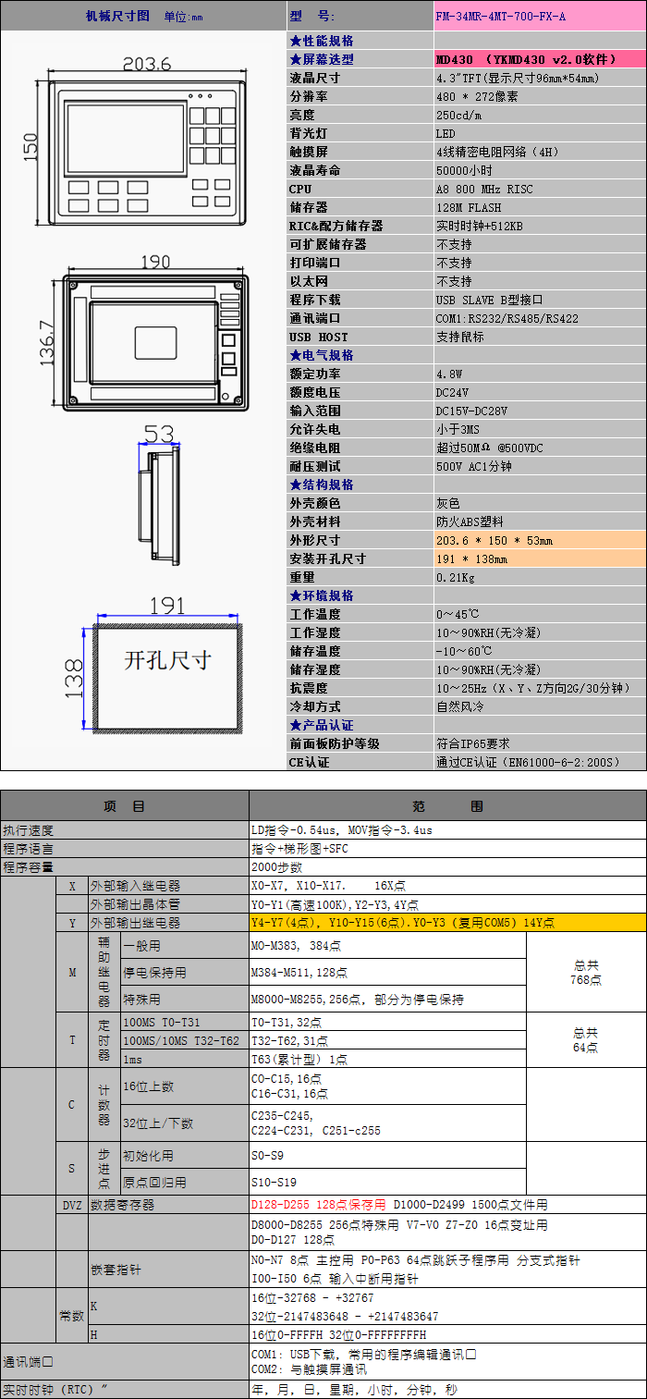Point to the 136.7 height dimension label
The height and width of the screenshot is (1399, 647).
point(46,342)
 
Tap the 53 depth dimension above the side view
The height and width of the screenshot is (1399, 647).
point(158,434)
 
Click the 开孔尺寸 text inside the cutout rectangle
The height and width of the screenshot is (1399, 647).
point(168,660)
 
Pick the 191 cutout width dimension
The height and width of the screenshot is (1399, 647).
point(167,606)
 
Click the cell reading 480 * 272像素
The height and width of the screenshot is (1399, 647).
point(477,96)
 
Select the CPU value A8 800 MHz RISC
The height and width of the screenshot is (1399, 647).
point(484,189)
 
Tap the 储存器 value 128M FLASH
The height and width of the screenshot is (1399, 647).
point(470,207)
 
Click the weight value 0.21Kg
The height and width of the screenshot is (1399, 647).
point(456,577)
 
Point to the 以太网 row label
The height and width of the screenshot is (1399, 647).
point(309,281)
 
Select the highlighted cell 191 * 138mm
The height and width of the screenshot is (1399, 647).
point(471,558)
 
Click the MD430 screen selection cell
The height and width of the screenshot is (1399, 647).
point(526,59)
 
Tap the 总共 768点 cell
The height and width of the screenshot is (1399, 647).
point(586,972)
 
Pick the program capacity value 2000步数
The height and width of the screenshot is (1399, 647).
point(277,867)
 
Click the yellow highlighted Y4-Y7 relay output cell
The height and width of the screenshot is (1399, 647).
point(402,923)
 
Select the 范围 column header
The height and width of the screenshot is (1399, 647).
point(447,806)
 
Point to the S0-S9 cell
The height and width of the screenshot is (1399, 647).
point(268,1156)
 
